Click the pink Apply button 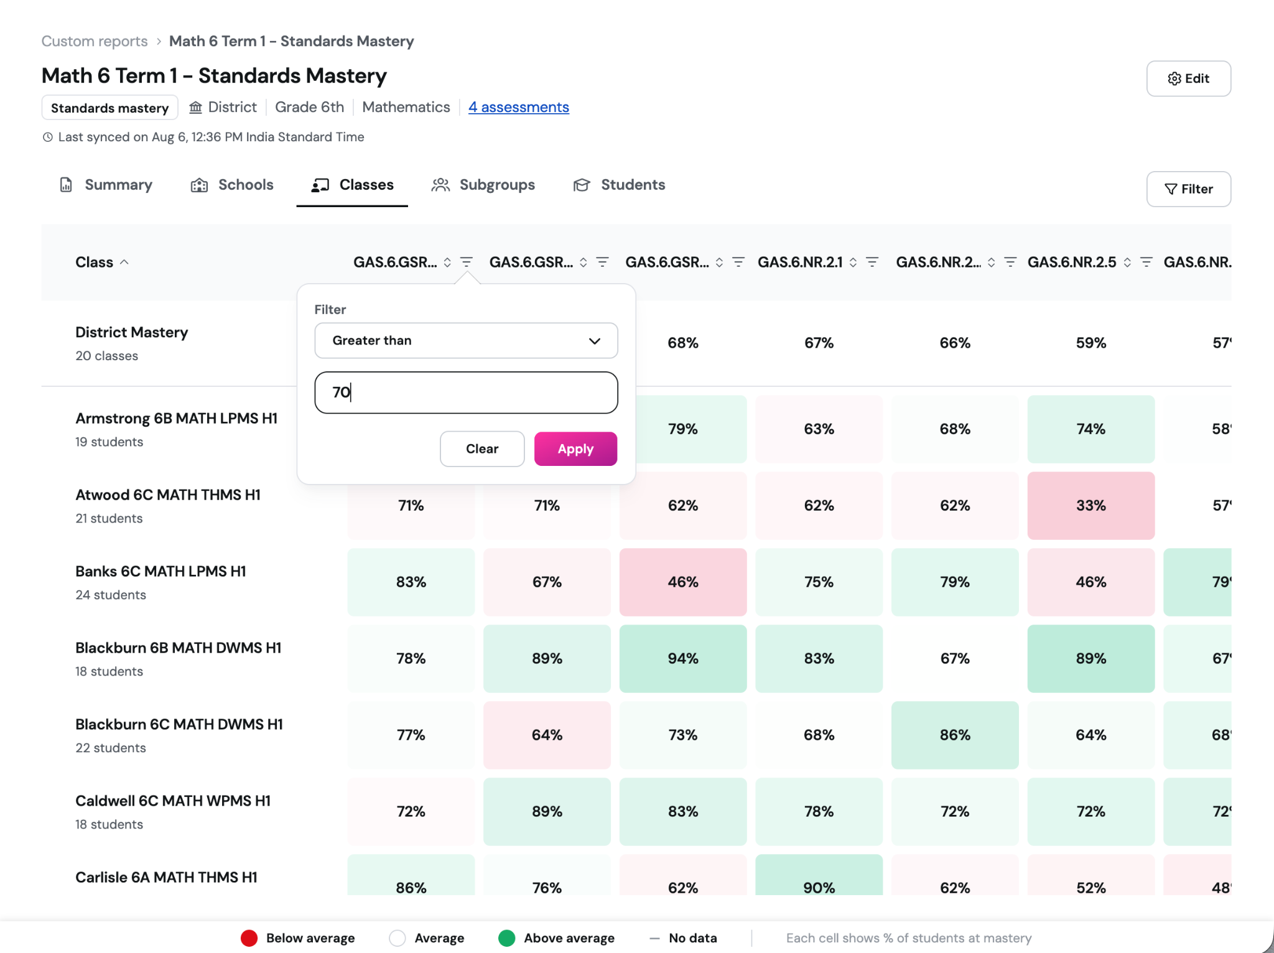575,449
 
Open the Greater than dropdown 466,340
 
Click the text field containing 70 466,393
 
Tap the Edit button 1188,78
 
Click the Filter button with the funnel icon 1188,189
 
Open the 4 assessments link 519,107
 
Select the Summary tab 106,185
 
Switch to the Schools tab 232,185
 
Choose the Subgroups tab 483,185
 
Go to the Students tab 619,185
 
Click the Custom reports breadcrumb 95,41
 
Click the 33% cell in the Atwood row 1091,506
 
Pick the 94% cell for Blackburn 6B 683,659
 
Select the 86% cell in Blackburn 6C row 955,735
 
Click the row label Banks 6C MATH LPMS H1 160,571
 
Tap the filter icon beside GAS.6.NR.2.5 1146,262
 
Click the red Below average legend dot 249,938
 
